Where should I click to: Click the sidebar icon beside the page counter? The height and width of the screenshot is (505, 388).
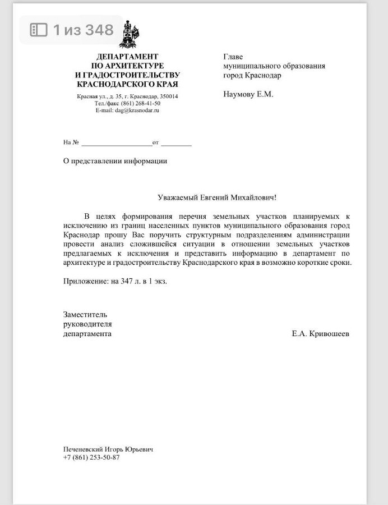[38, 30]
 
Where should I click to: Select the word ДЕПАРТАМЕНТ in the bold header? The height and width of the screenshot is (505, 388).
[127, 57]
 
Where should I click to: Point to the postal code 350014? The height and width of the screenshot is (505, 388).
[169, 97]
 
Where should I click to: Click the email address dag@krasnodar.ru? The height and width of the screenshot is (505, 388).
[137, 111]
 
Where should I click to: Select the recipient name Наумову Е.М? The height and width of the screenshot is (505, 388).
[248, 94]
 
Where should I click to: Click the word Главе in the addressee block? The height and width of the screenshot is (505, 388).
[233, 57]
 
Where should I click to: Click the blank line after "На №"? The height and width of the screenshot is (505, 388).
[117, 143]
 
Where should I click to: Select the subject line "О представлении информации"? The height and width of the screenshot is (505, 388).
[115, 161]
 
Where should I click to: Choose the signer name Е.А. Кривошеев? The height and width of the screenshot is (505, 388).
[320, 334]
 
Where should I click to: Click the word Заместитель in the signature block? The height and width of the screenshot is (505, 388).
[85, 314]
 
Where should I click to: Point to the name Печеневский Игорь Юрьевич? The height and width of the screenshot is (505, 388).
[108, 449]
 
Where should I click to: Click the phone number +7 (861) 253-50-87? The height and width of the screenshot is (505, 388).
[91, 457]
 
